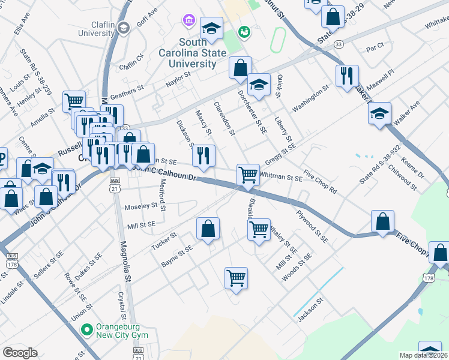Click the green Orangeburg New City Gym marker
point(86,329)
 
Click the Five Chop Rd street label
point(320,182)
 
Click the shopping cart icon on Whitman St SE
point(248,175)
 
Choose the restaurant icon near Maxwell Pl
point(347,76)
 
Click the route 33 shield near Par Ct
point(339,44)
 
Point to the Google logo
point(20,353)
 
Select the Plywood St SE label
point(312,226)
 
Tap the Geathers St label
point(128,91)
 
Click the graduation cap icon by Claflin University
point(123,27)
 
